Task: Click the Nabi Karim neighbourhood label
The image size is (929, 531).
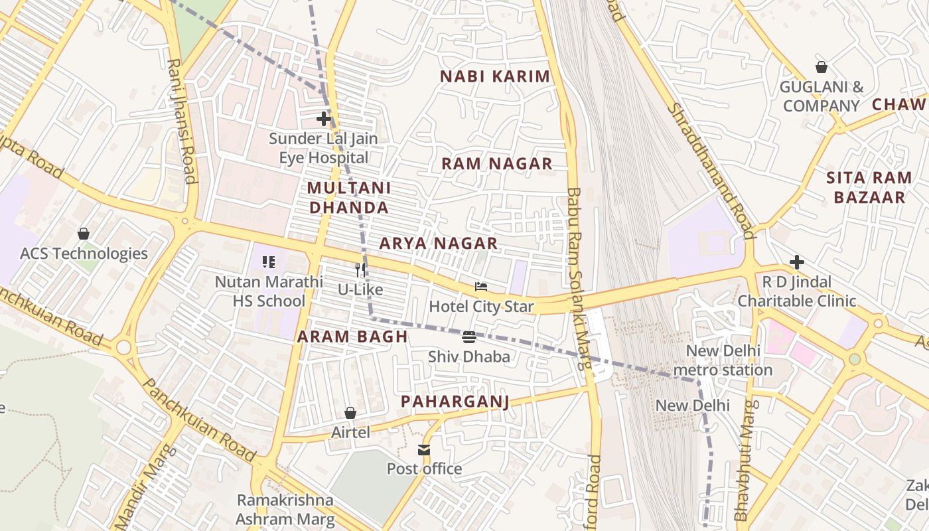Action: tap(495, 76)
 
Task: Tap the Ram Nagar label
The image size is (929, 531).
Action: tap(497, 164)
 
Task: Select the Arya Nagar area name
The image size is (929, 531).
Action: tap(438, 244)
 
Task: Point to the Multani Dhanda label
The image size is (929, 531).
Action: tap(348, 198)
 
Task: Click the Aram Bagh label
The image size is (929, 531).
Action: tap(352, 337)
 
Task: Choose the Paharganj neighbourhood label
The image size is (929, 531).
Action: tap(455, 402)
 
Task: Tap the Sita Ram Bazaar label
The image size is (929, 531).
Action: tap(869, 187)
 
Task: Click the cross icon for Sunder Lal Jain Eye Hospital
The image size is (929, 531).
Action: tap(324, 119)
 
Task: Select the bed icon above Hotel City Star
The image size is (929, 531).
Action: tap(481, 287)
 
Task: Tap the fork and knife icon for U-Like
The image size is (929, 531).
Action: tap(360, 269)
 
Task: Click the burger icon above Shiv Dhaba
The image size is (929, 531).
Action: tap(469, 337)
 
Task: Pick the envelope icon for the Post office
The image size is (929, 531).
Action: tap(424, 450)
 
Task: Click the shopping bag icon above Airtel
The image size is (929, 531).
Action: tap(350, 413)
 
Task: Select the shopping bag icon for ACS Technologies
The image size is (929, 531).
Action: tap(84, 234)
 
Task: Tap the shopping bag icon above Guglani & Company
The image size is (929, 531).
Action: tap(822, 67)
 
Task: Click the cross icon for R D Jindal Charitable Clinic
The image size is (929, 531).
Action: tap(797, 262)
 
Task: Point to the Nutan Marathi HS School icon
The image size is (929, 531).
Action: tap(269, 262)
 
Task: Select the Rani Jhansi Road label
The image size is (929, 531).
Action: tap(182, 121)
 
